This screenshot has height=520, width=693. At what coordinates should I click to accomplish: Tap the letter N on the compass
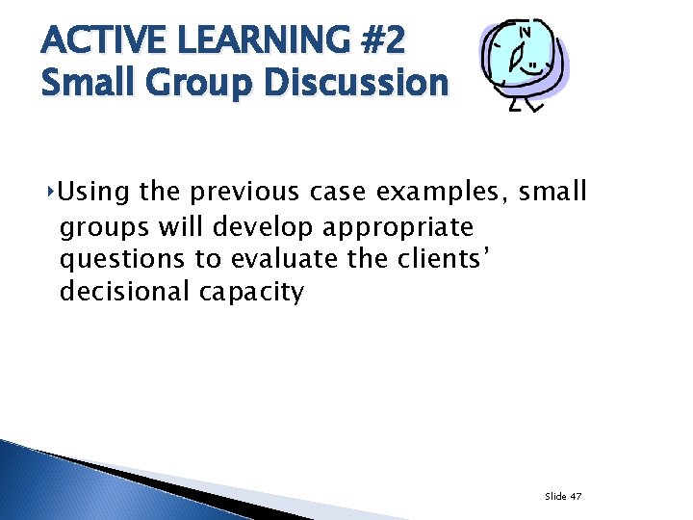pyautogui.click(x=526, y=32)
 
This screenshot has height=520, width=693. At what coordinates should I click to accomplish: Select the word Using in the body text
pyautogui.click(x=95, y=193)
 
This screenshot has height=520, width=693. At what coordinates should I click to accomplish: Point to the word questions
pyautogui.click(x=121, y=260)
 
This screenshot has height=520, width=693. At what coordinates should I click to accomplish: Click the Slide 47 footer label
pyautogui.click(x=563, y=496)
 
